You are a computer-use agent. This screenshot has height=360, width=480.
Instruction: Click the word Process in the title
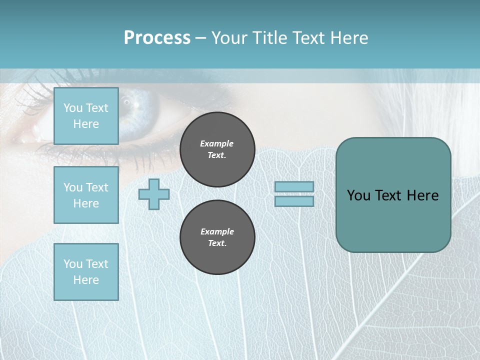click(x=157, y=38)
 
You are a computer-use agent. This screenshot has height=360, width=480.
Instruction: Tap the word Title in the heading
click(x=270, y=38)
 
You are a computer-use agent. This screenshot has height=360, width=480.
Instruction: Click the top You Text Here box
click(x=86, y=116)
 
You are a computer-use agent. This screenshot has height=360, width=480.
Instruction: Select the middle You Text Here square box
click(x=86, y=195)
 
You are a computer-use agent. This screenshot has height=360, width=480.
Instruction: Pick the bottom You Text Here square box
click(x=86, y=272)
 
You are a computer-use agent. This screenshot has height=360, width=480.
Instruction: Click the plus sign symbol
click(x=154, y=194)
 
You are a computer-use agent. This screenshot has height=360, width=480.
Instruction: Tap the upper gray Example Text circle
click(x=217, y=149)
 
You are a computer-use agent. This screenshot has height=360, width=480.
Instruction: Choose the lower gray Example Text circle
click(x=217, y=237)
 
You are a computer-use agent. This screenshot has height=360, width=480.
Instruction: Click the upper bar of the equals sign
click(x=294, y=187)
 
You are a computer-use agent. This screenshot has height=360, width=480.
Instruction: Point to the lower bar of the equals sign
click(x=294, y=201)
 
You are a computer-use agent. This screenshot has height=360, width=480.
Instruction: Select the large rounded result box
click(x=393, y=195)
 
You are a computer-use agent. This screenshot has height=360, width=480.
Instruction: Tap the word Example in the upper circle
click(x=217, y=143)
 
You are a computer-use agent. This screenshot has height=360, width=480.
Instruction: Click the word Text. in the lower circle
click(x=217, y=243)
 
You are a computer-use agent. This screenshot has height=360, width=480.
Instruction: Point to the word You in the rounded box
click(x=359, y=195)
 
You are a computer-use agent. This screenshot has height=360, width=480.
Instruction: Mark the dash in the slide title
click(x=201, y=38)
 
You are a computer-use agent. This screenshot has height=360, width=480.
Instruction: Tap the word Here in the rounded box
click(x=422, y=195)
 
